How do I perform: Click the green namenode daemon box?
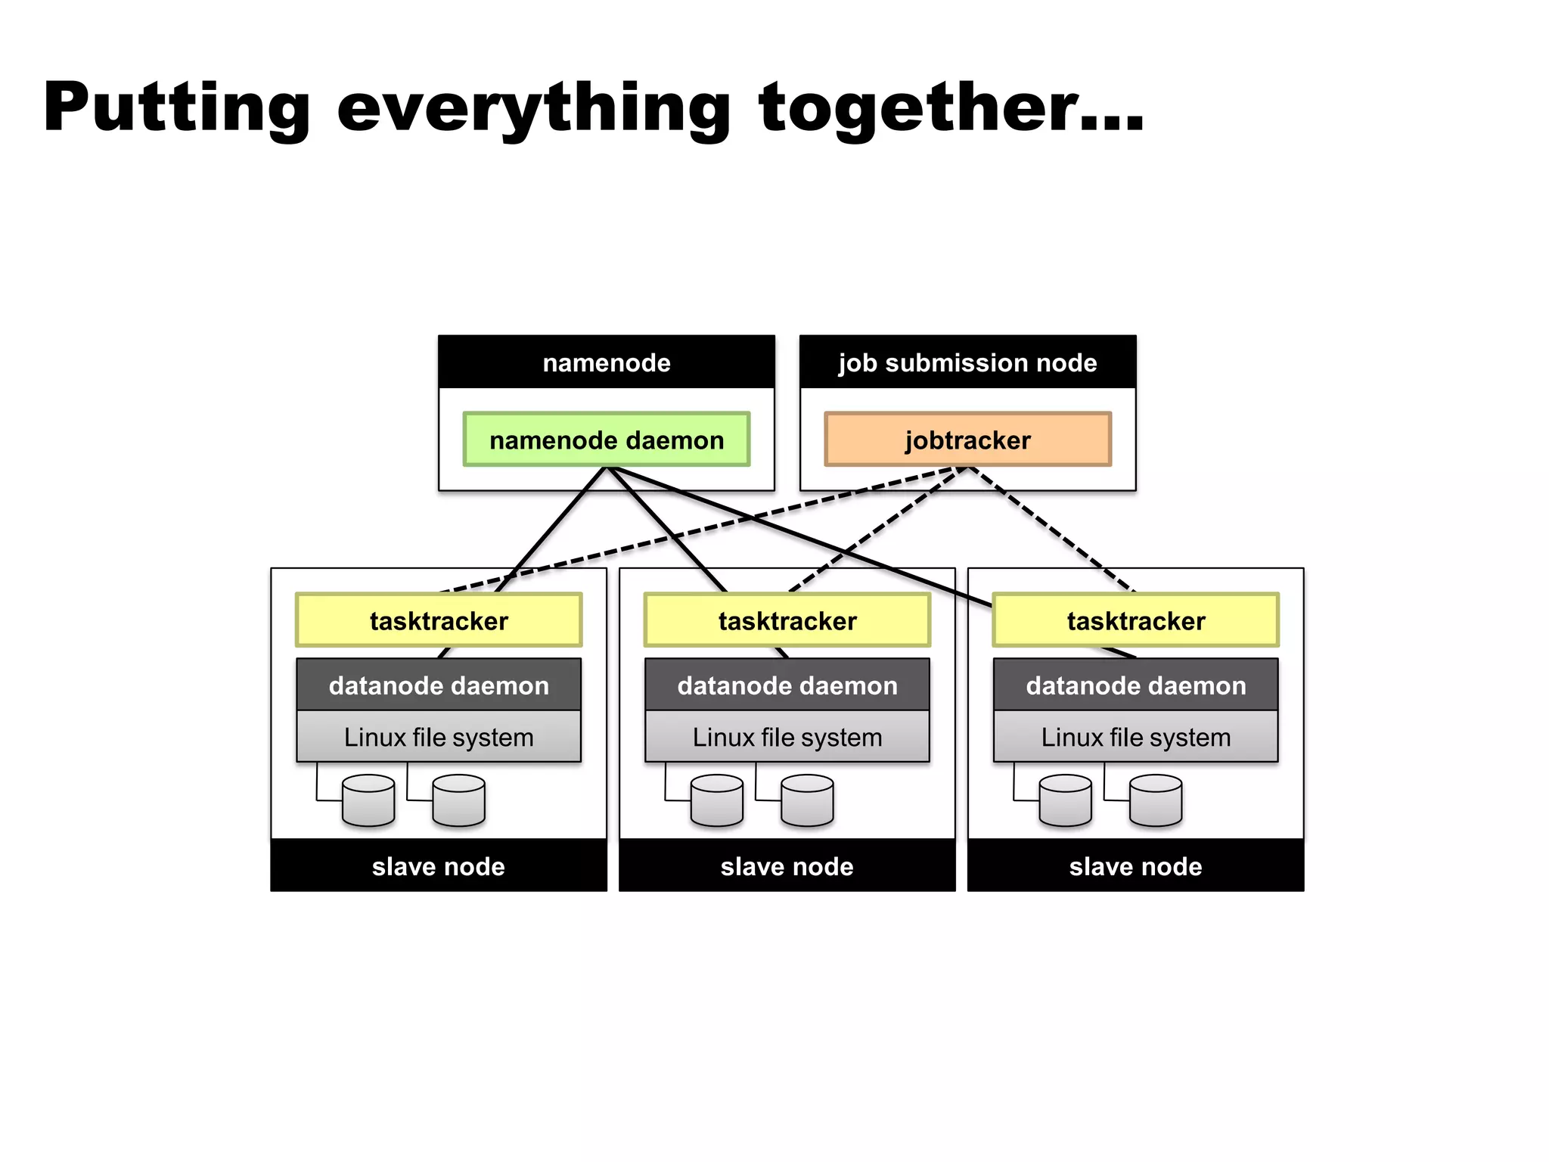[606, 440]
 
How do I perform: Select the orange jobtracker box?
[967, 440]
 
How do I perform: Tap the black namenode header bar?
[606, 362]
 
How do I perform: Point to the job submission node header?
[967, 362]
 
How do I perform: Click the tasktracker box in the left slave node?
[439, 620]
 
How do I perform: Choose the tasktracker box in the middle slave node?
[787, 620]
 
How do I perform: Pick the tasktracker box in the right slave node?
[1135, 620]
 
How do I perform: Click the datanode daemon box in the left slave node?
[439, 685]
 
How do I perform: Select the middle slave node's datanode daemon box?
[787, 685]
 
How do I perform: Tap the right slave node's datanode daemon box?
[1135, 685]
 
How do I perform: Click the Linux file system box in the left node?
[439, 737]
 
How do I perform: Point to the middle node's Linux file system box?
[787, 737]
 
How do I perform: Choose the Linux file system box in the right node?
[1135, 737]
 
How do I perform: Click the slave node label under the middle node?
[787, 866]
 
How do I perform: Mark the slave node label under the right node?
[1135, 866]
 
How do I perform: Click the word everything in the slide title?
[533, 108]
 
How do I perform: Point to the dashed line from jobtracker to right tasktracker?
[1051, 530]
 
